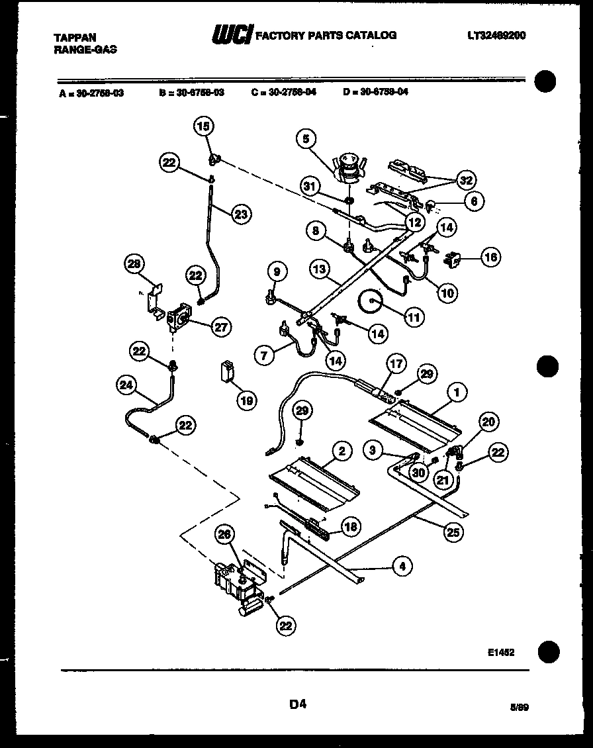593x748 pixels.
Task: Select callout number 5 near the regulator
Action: pos(306,138)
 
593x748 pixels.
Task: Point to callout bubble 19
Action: pos(246,400)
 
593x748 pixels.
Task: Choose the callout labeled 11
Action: pos(414,318)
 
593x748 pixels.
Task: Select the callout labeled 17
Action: pos(395,363)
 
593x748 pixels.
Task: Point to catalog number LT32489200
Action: pos(496,36)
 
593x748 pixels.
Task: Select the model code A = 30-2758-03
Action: pos(91,93)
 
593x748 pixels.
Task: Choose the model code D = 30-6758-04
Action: pos(375,93)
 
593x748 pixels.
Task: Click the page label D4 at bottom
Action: pos(297,705)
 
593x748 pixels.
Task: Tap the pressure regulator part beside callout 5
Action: pos(349,167)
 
